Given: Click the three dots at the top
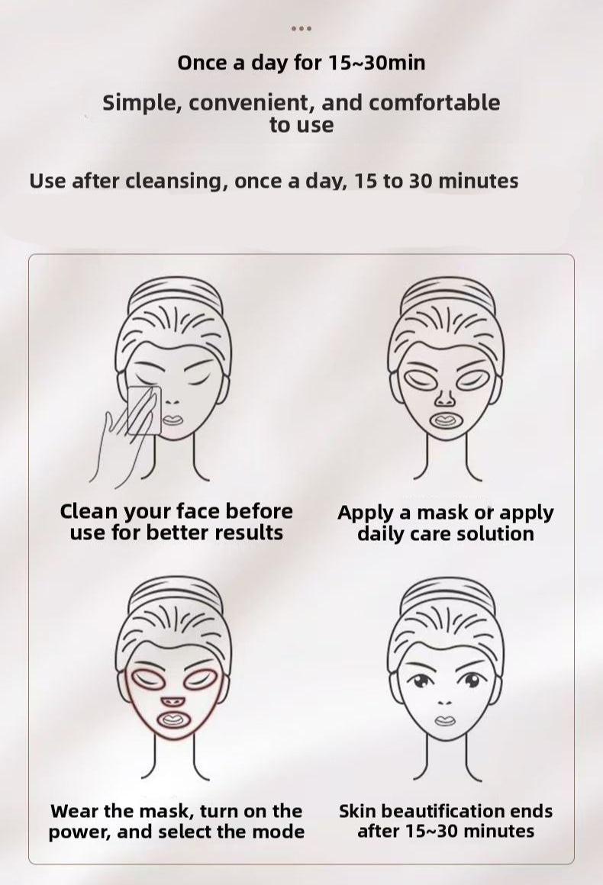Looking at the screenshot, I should (301, 29).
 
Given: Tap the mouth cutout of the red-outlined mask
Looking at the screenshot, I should (169, 720).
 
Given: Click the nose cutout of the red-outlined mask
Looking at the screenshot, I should (169, 700).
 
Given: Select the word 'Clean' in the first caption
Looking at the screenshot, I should (90, 511).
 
